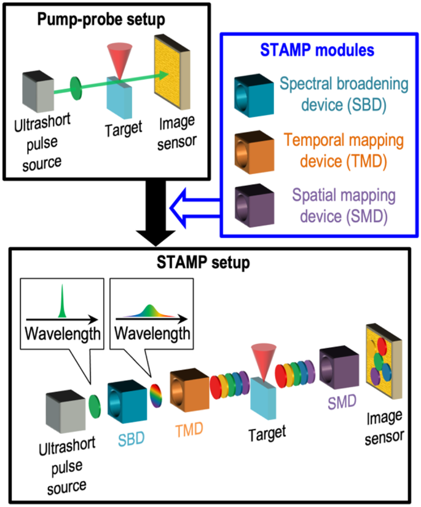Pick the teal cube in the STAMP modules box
pos(253,94)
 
